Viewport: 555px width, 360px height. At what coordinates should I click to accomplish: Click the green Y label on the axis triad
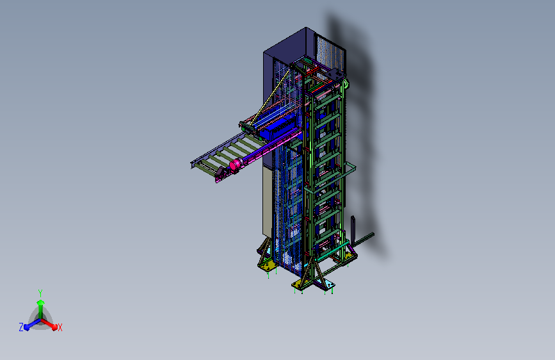(40, 293)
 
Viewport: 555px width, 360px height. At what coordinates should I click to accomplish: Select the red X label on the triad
(60, 327)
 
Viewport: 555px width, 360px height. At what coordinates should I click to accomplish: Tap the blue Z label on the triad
(21, 327)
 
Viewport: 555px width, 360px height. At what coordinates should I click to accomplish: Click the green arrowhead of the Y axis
(40, 302)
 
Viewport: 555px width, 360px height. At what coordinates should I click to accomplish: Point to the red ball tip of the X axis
(54, 327)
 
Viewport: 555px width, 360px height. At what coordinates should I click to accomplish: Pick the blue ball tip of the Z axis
(27, 328)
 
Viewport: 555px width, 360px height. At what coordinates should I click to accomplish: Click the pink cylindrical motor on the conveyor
(236, 165)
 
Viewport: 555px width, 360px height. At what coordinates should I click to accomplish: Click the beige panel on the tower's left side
(268, 201)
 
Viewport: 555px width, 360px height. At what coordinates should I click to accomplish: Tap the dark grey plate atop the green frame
(335, 75)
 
